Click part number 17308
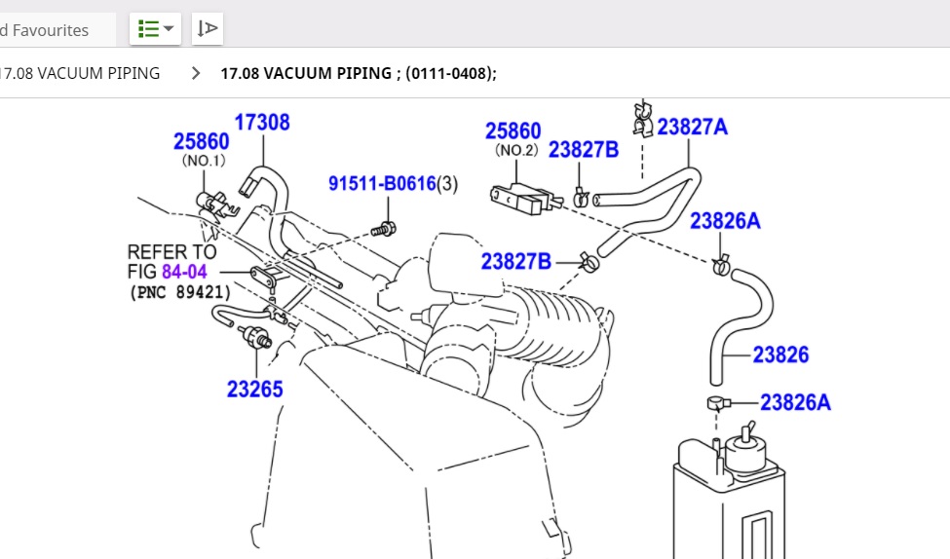[x=262, y=123]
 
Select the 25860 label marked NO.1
[x=202, y=142]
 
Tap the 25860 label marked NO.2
[x=513, y=131]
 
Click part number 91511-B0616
[x=381, y=184]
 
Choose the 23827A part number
[x=692, y=127]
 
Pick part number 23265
[x=255, y=390]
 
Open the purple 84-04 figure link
[x=184, y=272]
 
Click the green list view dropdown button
[x=156, y=29]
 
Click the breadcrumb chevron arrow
[x=197, y=73]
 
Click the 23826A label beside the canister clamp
[x=795, y=402]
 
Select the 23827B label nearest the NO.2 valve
[x=584, y=150]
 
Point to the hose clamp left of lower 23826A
[x=718, y=402]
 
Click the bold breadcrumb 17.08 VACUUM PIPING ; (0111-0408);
[x=359, y=73]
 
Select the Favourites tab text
[x=49, y=30]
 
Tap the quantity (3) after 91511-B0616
[x=447, y=184]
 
